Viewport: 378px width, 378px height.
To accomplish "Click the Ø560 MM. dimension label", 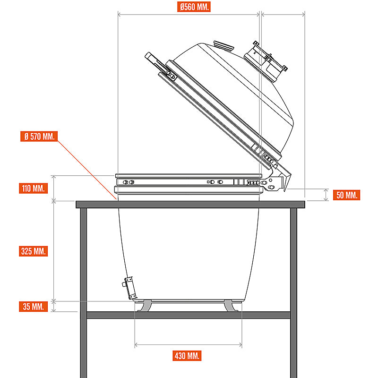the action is (x=194, y=7).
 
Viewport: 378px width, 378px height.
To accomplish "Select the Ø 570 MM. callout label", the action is (x=39, y=137).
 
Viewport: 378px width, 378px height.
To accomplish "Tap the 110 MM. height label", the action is (x=33, y=188).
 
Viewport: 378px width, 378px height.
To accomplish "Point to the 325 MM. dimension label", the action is (x=33, y=251).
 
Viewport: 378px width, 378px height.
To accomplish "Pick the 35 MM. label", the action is (x=33, y=307).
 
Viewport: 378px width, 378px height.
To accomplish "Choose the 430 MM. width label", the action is (x=187, y=356).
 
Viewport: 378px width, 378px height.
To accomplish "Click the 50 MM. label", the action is (x=347, y=195).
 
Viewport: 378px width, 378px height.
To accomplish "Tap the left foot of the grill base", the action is (x=145, y=306).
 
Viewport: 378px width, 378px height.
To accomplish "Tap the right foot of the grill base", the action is (x=231, y=306).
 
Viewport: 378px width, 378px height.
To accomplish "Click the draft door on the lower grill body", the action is (x=129, y=288).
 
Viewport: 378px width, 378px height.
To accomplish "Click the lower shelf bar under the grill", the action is (x=189, y=315).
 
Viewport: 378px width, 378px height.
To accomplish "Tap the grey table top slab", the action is (x=190, y=205).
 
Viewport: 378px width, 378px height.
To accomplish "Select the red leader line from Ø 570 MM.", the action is (x=87, y=170).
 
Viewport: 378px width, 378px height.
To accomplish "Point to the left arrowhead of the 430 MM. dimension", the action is (x=136, y=345).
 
